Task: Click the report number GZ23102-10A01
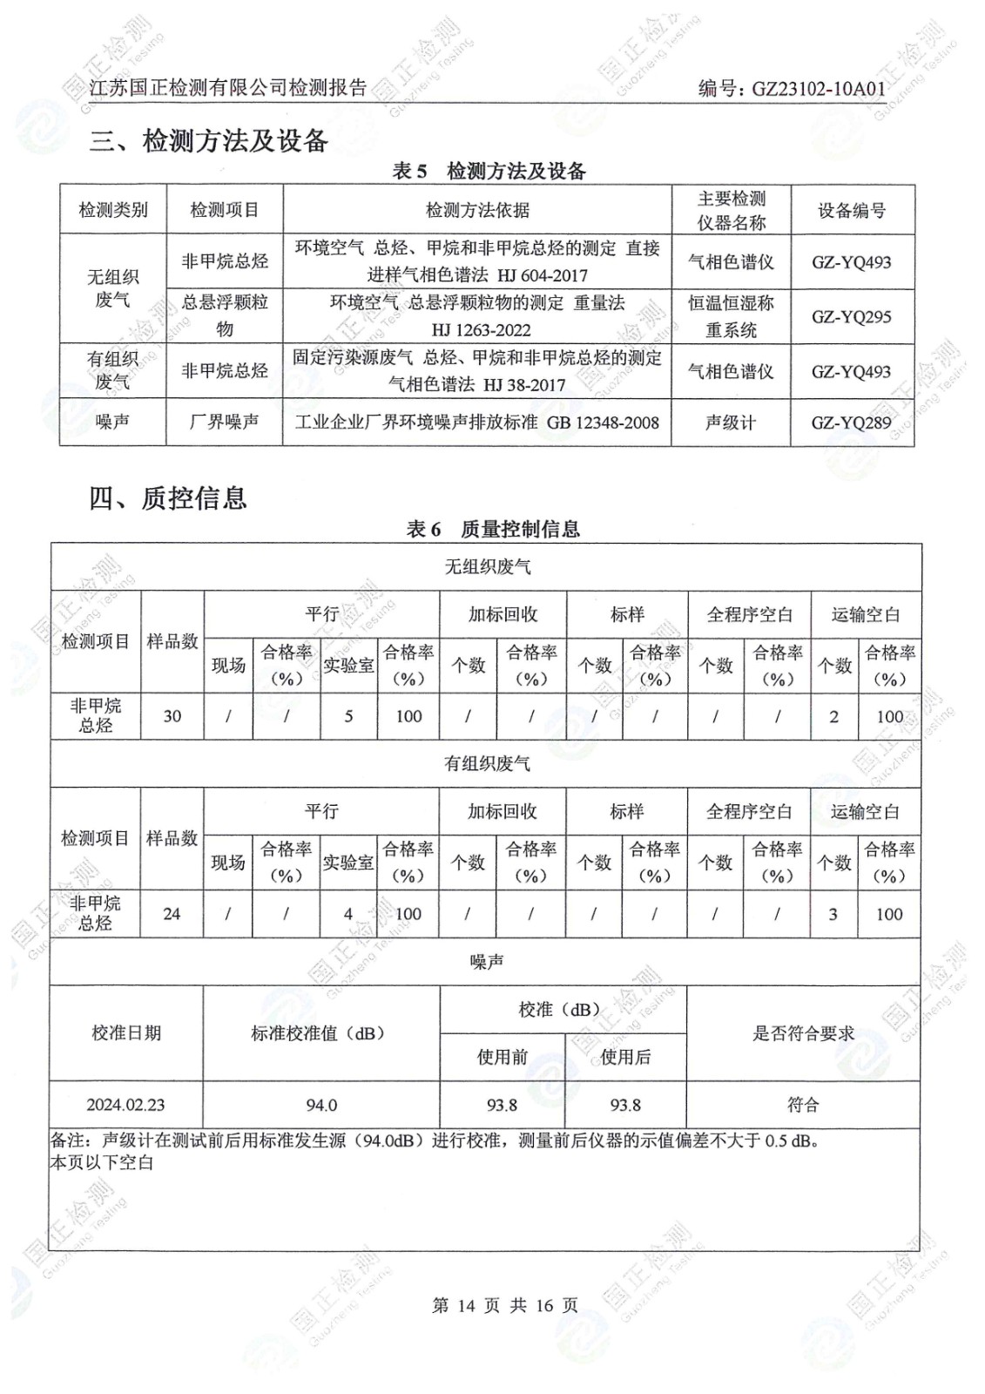[x=818, y=88]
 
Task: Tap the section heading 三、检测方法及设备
[x=208, y=140]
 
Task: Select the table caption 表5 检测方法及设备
[x=489, y=171]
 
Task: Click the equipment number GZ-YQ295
[x=851, y=317]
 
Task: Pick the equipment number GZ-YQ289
[x=851, y=423]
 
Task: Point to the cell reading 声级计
[x=730, y=423]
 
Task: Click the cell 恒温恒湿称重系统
[x=730, y=316]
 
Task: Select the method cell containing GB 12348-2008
[x=476, y=423]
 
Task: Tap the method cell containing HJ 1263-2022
[x=476, y=316]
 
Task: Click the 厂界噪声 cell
[x=224, y=422]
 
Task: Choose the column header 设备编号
[x=851, y=210]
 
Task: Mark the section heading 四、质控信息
[x=168, y=498]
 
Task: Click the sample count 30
[x=172, y=716]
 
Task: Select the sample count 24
[x=172, y=914]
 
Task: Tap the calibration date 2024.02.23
[x=125, y=1105]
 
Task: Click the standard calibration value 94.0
[x=320, y=1105]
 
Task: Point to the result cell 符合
[x=802, y=1105]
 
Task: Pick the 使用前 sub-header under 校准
[x=502, y=1057]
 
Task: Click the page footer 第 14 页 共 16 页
[x=504, y=1305]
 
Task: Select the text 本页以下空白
[x=102, y=1162]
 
